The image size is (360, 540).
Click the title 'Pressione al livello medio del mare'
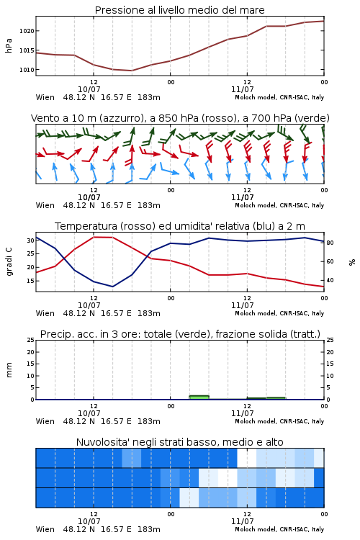point(179,10)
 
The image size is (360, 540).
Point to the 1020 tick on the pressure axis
point(27,31)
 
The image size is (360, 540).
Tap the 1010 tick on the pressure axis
point(27,70)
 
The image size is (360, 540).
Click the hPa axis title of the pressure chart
point(9,45)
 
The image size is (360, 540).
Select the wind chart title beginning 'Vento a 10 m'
point(180,118)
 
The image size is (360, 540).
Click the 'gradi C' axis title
point(9,262)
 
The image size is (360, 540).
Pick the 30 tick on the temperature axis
point(30,240)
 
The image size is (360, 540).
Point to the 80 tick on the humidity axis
point(330,243)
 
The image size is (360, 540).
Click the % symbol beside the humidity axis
point(352,262)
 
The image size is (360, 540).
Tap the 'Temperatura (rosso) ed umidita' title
point(180,226)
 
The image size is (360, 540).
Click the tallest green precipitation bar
point(199,397)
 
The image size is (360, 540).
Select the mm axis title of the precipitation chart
point(9,370)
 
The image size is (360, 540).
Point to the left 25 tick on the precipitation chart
point(30,340)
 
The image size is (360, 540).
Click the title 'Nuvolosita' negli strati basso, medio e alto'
point(179,442)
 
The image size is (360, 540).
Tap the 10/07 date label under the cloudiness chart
point(89,521)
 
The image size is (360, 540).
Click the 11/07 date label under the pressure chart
point(242,89)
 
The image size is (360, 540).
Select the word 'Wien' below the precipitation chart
point(45,421)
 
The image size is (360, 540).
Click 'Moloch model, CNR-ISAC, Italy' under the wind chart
point(279,206)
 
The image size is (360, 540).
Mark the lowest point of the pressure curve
point(131,71)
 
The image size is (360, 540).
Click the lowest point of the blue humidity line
point(112,287)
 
